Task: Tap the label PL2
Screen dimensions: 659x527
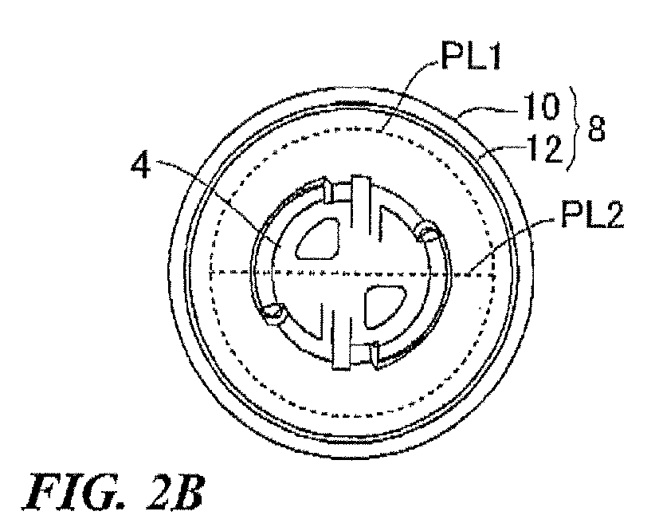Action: click(592, 216)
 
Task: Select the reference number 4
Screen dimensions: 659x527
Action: click(141, 165)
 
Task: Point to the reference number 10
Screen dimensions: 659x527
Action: click(541, 108)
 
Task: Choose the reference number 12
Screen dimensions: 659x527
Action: click(545, 148)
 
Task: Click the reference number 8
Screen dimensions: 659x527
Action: click(596, 128)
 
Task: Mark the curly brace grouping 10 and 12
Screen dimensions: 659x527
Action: click(574, 128)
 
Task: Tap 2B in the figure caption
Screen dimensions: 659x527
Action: click(175, 492)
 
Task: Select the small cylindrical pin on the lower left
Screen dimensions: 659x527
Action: click(273, 314)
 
